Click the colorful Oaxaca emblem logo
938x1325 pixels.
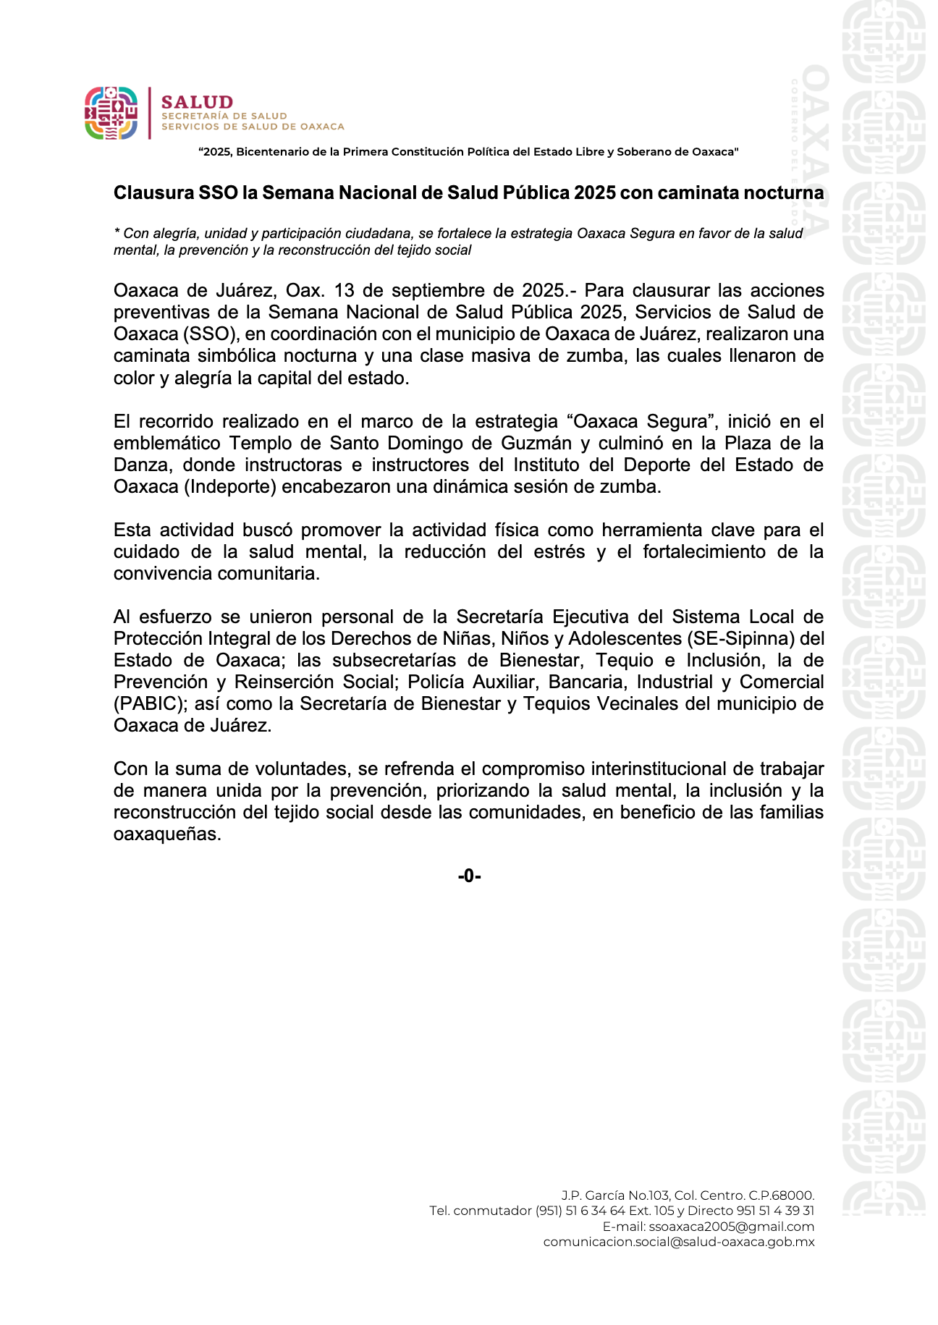(x=111, y=113)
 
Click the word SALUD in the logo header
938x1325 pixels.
(x=197, y=102)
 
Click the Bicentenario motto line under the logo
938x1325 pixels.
(x=468, y=152)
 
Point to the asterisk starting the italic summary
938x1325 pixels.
(x=117, y=232)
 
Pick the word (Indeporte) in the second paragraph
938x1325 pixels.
(x=230, y=486)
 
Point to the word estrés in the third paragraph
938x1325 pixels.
(x=560, y=551)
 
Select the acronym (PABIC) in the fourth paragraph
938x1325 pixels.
(x=151, y=703)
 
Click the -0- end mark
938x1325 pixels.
(x=469, y=876)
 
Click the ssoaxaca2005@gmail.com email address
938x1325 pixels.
(x=731, y=1227)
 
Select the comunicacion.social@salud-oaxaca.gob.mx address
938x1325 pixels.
(x=678, y=1242)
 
